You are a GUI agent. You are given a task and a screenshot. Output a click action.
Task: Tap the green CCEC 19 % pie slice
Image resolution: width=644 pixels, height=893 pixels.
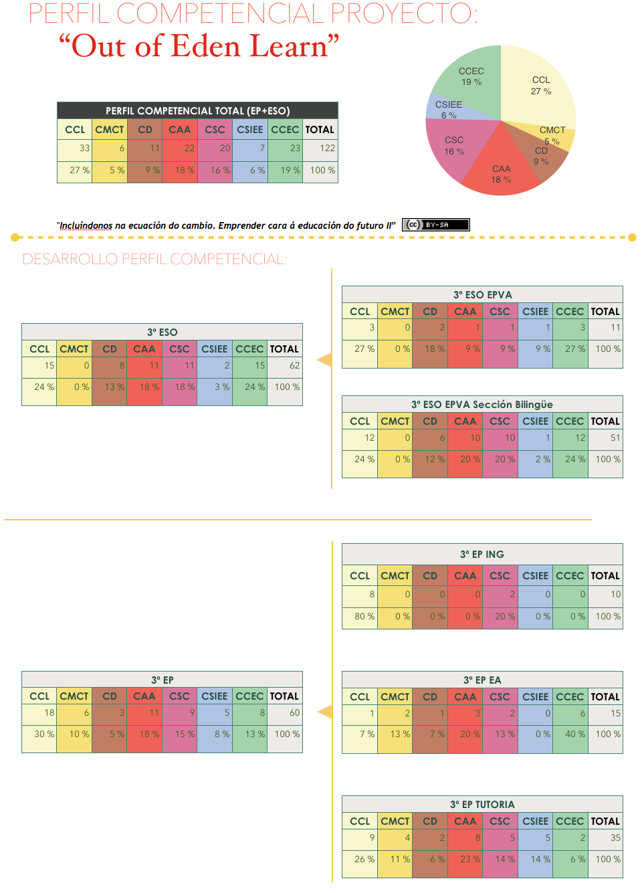click(x=471, y=77)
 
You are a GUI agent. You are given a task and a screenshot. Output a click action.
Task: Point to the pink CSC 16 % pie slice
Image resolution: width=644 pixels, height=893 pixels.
click(x=453, y=146)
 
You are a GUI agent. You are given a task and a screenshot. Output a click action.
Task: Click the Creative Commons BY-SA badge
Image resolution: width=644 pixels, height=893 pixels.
click(x=435, y=225)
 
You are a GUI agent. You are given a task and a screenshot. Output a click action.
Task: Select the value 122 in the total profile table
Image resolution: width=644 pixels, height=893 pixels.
click(x=327, y=148)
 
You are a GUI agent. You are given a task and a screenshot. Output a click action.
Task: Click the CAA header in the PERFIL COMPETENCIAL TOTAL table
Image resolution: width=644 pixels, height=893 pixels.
click(x=179, y=130)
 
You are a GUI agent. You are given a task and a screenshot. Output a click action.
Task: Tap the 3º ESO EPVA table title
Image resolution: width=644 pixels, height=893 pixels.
click(x=482, y=295)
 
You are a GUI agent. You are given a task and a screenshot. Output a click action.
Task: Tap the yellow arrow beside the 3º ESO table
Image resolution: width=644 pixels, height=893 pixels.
click(x=324, y=360)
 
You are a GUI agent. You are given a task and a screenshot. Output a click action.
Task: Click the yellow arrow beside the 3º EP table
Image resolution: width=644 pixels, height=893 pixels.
click(x=325, y=712)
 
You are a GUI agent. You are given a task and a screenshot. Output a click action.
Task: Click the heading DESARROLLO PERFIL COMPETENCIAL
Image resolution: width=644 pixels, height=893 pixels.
click(x=154, y=260)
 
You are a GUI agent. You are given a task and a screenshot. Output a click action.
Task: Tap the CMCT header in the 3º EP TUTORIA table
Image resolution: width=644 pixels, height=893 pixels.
click(x=395, y=821)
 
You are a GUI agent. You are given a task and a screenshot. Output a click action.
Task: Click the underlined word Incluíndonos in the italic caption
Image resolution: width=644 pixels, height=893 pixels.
click(x=86, y=226)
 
